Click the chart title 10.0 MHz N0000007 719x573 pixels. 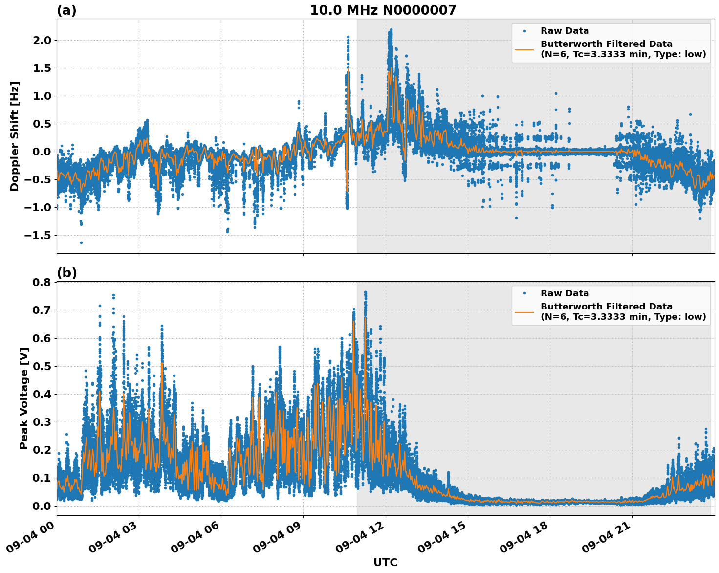coord(383,10)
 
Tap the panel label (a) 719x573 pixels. coord(66,10)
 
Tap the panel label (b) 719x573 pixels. coord(66,273)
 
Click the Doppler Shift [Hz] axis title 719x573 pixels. coord(15,136)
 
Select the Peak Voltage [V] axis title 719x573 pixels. coord(23,398)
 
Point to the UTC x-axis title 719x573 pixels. coord(385,562)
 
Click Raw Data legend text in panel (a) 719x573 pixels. coord(565,31)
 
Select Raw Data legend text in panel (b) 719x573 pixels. coord(565,293)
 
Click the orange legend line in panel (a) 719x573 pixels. coord(524,49)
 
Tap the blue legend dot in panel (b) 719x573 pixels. coord(524,293)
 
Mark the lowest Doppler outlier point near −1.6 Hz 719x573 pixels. coord(81,242)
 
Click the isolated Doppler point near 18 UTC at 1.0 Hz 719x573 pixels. coord(556,93)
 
